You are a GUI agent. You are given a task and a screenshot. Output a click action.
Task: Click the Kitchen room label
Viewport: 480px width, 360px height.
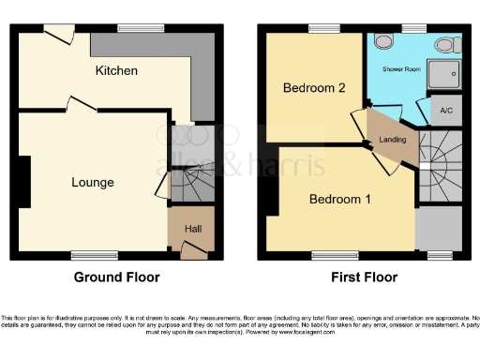[x=116, y=70]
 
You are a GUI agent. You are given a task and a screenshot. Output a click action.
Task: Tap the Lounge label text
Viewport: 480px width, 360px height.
[x=93, y=182]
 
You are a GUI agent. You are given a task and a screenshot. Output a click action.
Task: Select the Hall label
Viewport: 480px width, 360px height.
[x=193, y=227]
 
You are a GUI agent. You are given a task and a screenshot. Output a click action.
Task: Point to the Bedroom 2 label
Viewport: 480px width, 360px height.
[x=315, y=88]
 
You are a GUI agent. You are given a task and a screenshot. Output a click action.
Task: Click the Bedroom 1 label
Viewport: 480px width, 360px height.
[x=340, y=200]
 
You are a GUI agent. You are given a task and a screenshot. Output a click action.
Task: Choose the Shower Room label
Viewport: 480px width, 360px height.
[x=399, y=70]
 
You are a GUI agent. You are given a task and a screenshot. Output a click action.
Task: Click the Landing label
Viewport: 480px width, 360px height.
[x=392, y=141]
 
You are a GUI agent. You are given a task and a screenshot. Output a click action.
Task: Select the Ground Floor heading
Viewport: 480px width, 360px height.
[x=116, y=277]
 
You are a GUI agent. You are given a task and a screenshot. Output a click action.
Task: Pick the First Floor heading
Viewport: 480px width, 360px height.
[x=364, y=277]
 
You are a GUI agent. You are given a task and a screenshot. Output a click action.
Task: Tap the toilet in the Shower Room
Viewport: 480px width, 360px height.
[x=444, y=44]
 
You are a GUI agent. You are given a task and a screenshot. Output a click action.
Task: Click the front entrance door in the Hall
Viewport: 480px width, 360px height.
[x=194, y=248]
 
